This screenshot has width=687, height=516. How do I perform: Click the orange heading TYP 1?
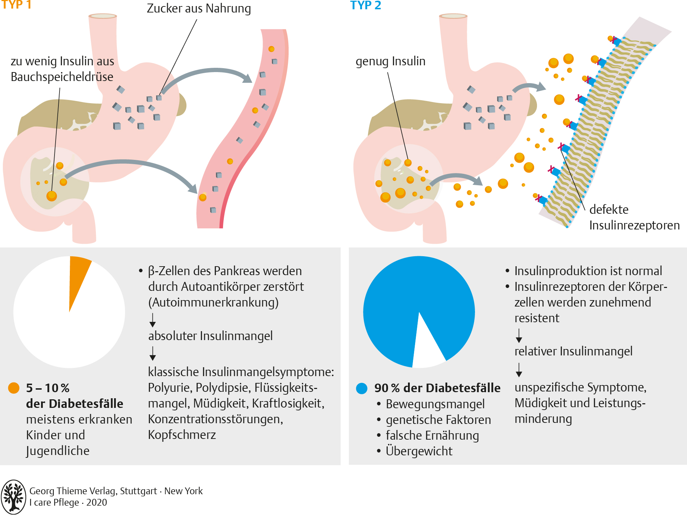(16, 5)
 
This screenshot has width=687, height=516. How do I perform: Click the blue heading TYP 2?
(366, 5)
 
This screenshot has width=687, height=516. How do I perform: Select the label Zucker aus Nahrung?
(199, 9)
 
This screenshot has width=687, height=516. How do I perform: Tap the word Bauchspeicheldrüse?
(62, 77)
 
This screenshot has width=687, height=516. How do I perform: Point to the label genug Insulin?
(391, 61)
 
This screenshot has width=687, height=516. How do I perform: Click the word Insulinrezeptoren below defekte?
(634, 226)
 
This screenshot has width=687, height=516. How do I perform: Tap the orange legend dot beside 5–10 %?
(14, 388)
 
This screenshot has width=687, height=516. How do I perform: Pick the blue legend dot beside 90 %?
(362, 388)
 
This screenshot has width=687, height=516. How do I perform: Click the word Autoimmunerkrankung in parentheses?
(213, 303)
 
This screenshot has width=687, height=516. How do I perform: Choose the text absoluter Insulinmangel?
(210, 336)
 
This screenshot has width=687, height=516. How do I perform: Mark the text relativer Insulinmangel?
(573, 351)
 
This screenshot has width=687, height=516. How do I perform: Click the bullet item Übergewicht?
(419, 451)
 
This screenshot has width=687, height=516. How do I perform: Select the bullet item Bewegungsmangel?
(435, 404)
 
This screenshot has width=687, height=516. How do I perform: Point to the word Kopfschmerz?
(182, 435)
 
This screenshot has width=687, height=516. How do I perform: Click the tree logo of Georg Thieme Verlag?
(14, 497)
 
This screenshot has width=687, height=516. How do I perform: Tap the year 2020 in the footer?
(97, 502)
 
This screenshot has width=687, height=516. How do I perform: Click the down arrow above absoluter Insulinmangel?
(153, 320)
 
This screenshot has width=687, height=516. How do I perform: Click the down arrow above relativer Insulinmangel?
(519, 335)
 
